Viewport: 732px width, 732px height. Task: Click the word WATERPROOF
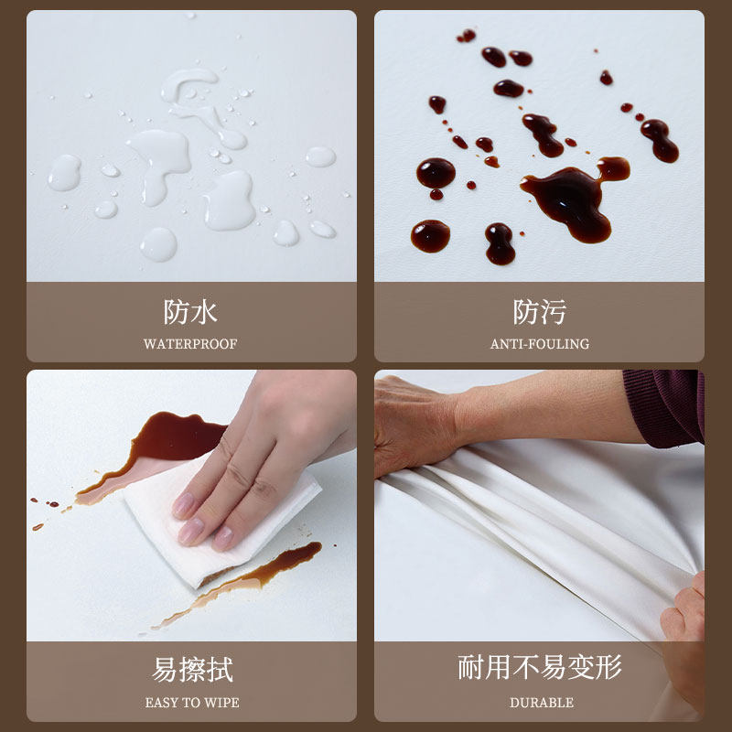click(x=190, y=344)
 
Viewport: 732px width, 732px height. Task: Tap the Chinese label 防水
click(x=190, y=312)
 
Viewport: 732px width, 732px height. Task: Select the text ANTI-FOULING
click(x=540, y=344)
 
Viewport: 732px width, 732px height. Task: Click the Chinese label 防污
click(x=540, y=312)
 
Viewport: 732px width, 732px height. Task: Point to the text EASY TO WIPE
click(x=192, y=703)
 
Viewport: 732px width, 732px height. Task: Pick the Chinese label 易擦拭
click(x=192, y=670)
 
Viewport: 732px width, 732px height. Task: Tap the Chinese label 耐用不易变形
click(x=540, y=667)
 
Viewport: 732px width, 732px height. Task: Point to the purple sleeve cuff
click(x=663, y=407)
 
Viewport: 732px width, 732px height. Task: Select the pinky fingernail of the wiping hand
click(x=223, y=540)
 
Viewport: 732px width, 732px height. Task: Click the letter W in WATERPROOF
click(x=150, y=344)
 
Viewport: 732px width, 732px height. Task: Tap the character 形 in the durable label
click(x=608, y=667)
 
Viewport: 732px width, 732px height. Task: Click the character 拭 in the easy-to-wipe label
click(x=220, y=670)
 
